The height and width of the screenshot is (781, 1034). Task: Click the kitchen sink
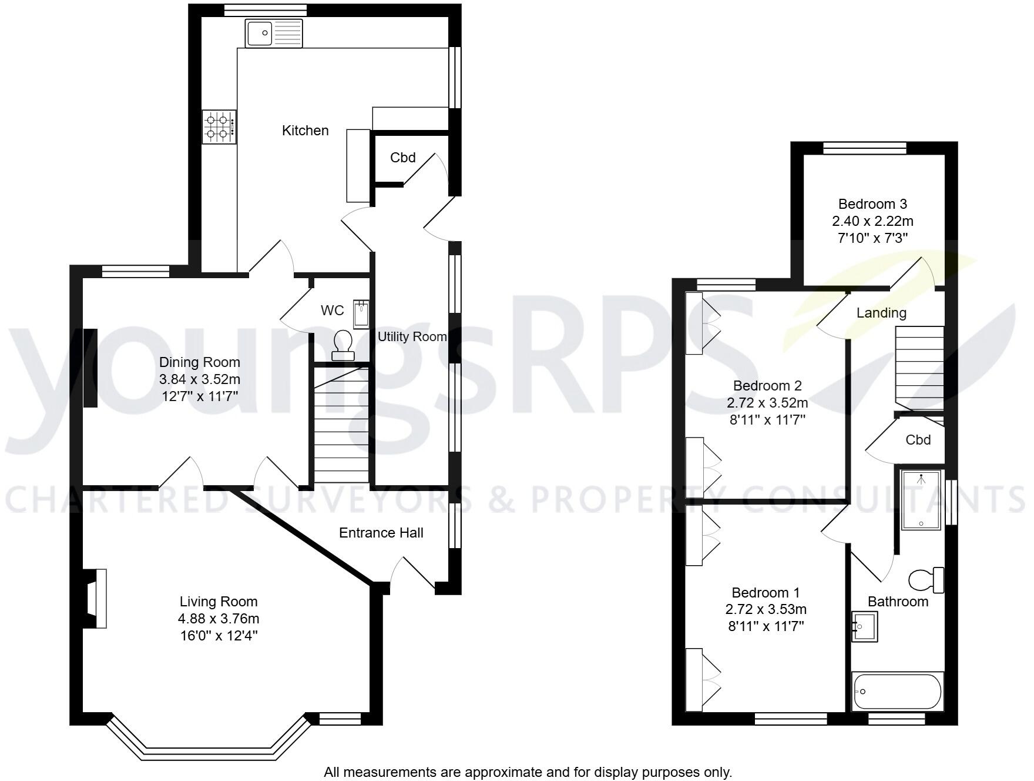[x=274, y=33]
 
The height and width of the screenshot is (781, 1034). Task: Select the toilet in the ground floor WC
[x=343, y=344]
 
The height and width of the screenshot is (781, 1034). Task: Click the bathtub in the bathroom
[x=897, y=692]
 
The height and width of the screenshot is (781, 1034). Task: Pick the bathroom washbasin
[x=864, y=626]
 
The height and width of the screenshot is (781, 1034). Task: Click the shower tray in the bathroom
[x=921, y=500]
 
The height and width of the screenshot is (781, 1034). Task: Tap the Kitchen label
[x=305, y=131]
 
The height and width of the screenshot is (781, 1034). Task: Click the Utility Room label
[x=412, y=337]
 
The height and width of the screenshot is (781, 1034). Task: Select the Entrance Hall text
[x=381, y=533]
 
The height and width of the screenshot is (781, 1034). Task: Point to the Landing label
[x=881, y=313]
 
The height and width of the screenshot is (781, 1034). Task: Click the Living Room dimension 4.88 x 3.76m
[x=219, y=619]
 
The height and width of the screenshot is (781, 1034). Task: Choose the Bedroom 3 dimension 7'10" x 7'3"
[x=872, y=238]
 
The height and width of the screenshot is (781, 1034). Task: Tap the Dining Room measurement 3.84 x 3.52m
[x=200, y=379]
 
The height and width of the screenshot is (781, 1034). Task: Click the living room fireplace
[x=96, y=599]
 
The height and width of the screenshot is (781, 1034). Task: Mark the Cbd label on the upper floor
[x=918, y=440]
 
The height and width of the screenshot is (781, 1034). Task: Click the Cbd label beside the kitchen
[x=402, y=158]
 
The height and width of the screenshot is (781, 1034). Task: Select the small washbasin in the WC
[x=361, y=312]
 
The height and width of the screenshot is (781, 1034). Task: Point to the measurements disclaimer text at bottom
[x=528, y=772]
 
